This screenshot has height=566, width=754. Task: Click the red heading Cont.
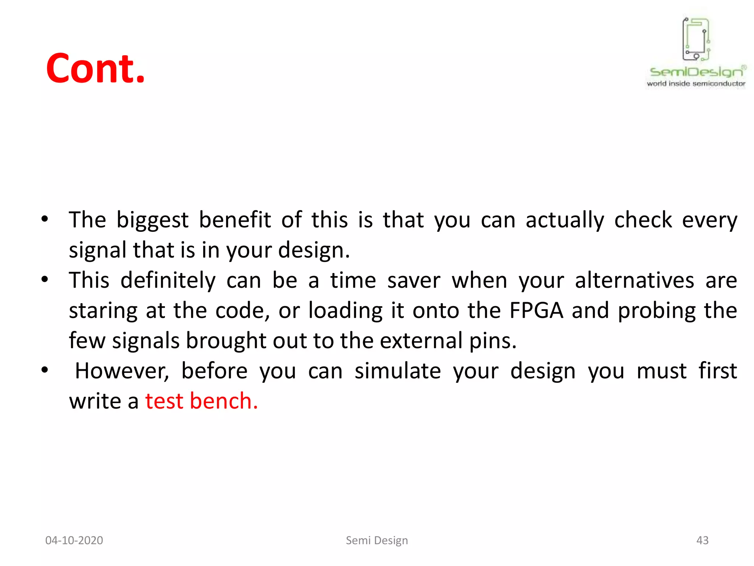[x=95, y=69]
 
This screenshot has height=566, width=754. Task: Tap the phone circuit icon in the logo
[x=696, y=39]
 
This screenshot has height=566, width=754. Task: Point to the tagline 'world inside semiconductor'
[x=696, y=84]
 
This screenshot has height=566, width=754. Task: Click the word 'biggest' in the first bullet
[x=152, y=220]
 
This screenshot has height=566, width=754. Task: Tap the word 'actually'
[x=565, y=220]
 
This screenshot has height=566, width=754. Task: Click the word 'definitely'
[x=168, y=280]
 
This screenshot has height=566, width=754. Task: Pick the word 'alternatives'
[x=634, y=280]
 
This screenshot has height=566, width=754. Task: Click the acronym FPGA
[x=536, y=310]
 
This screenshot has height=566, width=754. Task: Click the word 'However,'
[x=122, y=371]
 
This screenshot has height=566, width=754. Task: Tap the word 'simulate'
[x=398, y=371]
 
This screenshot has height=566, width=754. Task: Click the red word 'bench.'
[x=224, y=401]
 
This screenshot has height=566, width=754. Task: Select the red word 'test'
[x=164, y=401]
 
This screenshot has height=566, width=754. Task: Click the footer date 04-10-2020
[x=74, y=540]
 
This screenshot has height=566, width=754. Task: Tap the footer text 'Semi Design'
[x=377, y=540]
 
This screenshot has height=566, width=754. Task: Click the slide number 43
[x=702, y=540]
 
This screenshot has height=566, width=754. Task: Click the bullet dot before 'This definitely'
[x=45, y=279]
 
